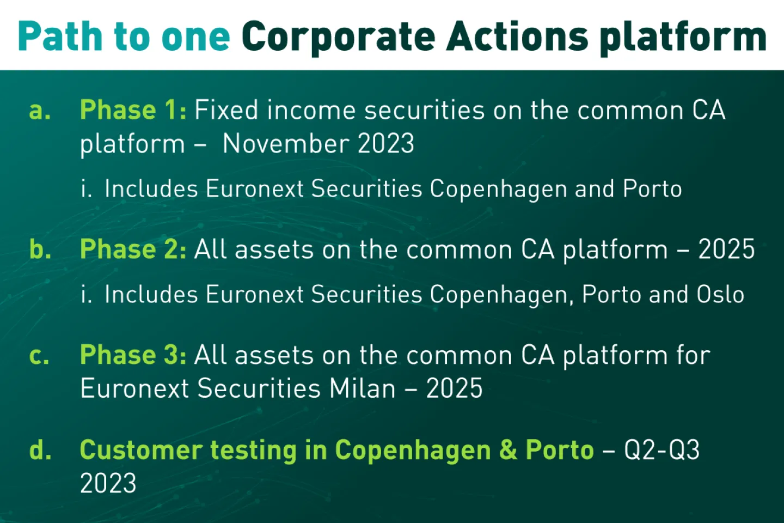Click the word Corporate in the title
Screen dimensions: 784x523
[339, 38]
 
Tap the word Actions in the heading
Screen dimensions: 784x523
[518, 36]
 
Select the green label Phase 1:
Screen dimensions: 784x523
[133, 111]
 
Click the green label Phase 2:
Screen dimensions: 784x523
[133, 250]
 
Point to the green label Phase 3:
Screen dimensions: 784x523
[133, 355]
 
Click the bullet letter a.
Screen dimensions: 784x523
[40, 113]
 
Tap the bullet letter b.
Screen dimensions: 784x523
[40, 250]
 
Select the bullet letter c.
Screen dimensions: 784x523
[39, 357]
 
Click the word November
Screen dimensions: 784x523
[286, 143]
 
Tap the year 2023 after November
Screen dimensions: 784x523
[386, 143]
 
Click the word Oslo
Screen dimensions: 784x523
[720, 294]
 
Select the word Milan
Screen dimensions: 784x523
[363, 388]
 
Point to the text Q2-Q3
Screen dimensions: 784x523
[662, 450]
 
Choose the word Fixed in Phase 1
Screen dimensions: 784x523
[226, 110]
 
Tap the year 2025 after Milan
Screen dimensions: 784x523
[454, 388]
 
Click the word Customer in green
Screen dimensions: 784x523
[142, 449]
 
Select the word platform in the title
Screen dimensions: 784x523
[684, 38]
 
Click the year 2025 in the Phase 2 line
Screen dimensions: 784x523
[727, 250]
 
